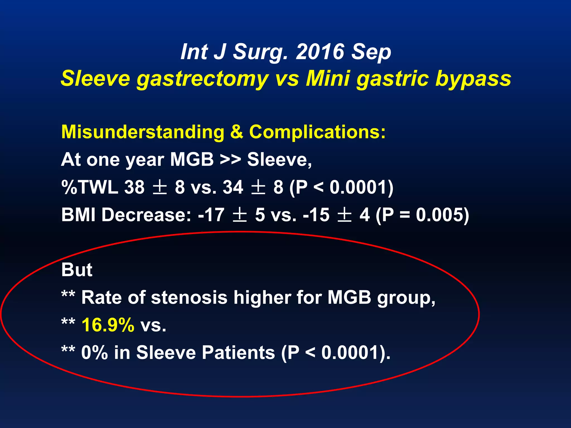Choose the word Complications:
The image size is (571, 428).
pos(317,132)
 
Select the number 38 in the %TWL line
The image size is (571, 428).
pos(134,187)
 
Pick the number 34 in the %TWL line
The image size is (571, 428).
pos(233,187)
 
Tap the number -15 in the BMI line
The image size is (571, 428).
pos(316,215)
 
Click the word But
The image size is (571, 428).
pos(77,270)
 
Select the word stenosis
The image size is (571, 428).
pos(189,297)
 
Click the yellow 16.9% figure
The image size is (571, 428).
pos(108,325)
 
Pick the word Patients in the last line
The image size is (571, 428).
pos(238,352)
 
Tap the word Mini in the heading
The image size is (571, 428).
pos(328,79)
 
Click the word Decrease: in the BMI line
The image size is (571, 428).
pos(146,215)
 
